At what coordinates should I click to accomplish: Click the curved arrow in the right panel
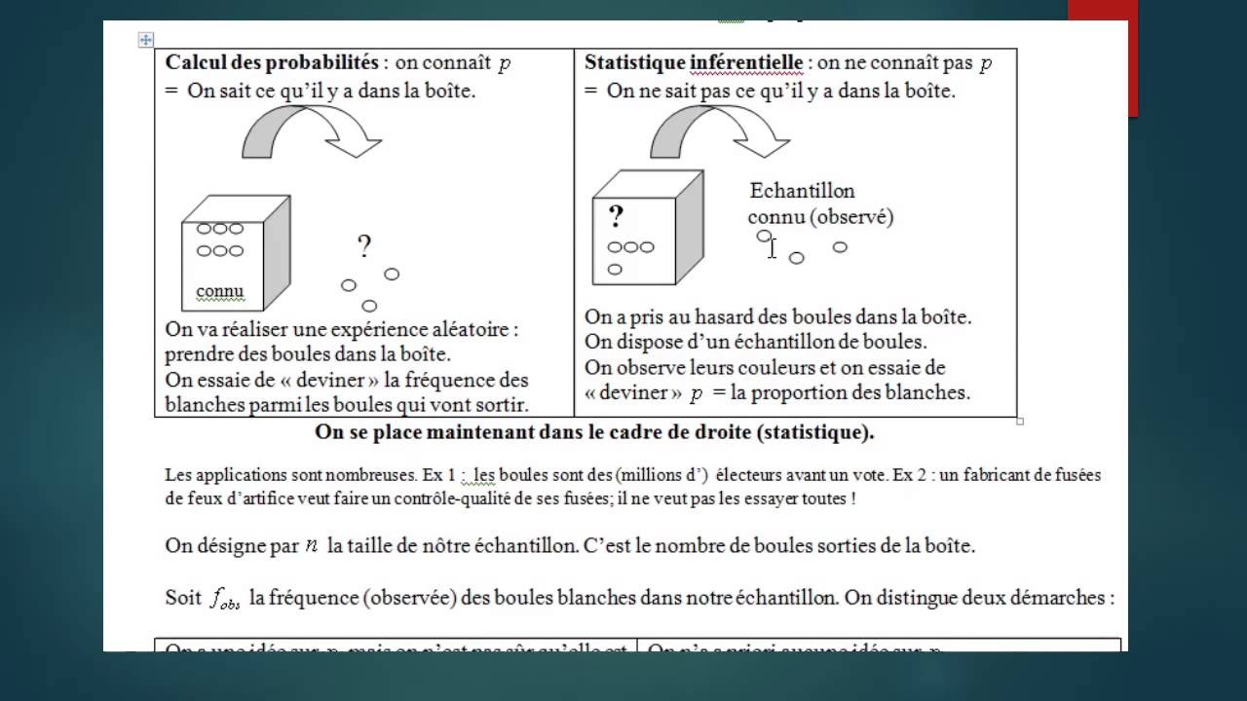pos(719,130)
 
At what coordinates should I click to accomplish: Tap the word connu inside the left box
pos(219,291)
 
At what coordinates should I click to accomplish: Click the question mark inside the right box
pos(616,215)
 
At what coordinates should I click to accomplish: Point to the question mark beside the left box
pos(364,246)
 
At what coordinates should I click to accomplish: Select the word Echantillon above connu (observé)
pos(802,191)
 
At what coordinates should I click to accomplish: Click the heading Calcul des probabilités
pos(272,63)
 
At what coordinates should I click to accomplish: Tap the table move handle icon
pos(146,40)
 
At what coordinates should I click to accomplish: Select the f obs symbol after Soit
pos(224,600)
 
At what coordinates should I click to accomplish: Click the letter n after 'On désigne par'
pos(311,545)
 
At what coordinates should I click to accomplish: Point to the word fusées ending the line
pos(1074,476)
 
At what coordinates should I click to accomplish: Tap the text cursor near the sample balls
pos(773,248)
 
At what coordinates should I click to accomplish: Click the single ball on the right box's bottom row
pos(615,270)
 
